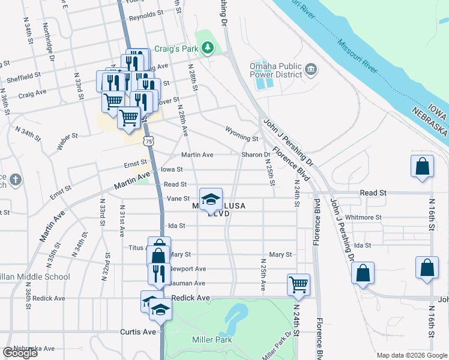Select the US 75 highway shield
pyautogui.click(x=148, y=140)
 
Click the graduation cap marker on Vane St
pyautogui.click(x=211, y=200)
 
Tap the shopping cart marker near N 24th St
pyautogui.click(x=298, y=284)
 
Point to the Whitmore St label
pyautogui.click(x=363, y=217)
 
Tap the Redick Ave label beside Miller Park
pyautogui.click(x=190, y=298)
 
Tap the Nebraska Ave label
pyautogui.click(x=34, y=348)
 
